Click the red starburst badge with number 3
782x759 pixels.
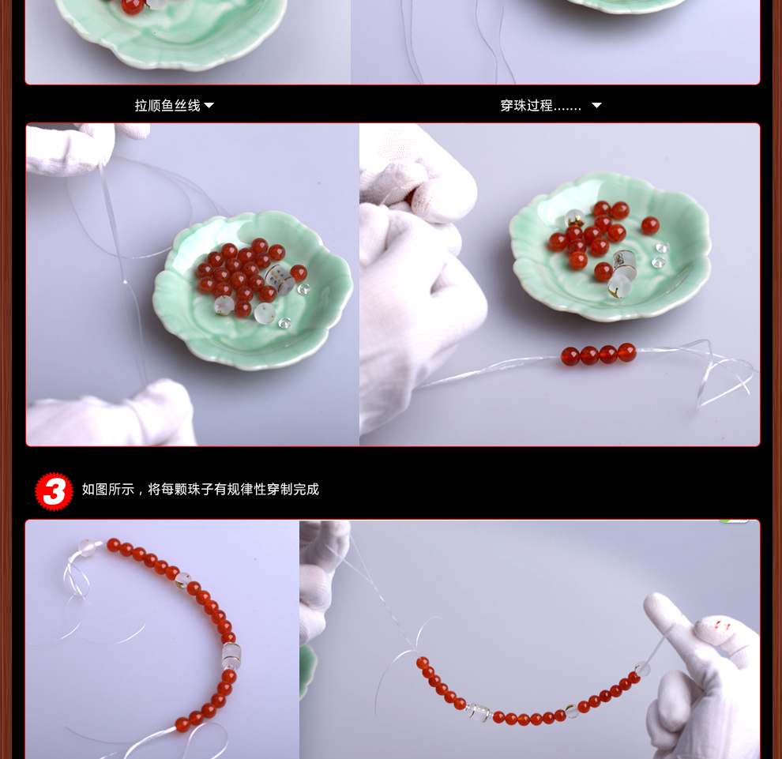pos(54,491)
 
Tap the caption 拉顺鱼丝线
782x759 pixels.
pos(167,105)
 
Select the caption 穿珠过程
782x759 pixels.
pos(527,105)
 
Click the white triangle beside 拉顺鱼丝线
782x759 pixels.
pos(209,105)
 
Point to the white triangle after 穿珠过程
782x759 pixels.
pos(596,105)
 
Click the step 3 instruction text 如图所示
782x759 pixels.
pos(108,489)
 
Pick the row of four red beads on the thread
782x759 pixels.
pos(599,354)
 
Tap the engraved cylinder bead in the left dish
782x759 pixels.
pos(280,278)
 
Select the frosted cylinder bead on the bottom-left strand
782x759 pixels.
pos(231,656)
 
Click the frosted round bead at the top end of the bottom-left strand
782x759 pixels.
pos(86,547)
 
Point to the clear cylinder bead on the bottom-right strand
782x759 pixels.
pos(479,712)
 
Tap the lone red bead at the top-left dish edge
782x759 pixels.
pos(132,6)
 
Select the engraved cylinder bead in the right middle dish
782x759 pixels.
pos(623,261)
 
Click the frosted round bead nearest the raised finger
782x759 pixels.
pos(642,669)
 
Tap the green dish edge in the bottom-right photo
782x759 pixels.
pos(307,671)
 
